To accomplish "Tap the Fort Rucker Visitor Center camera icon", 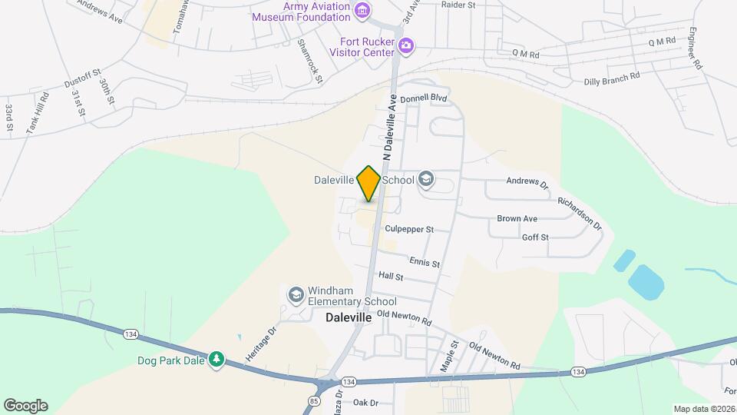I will click(x=406, y=47).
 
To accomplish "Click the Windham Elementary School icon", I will click(x=296, y=295).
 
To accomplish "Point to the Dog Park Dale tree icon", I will click(x=217, y=360).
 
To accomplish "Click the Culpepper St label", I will click(x=409, y=229).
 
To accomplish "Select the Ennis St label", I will click(x=425, y=263).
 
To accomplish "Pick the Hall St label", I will click(x=391, y=276).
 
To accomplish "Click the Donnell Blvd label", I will click(x=424, y=99).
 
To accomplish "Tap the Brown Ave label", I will click(x=517, y=219).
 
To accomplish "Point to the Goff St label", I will click(x=535, y=237).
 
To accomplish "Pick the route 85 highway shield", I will click(x=315, y=400).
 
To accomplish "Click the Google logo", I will click(x=25, y=406).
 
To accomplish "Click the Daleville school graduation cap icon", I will click(x=426, y=181).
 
